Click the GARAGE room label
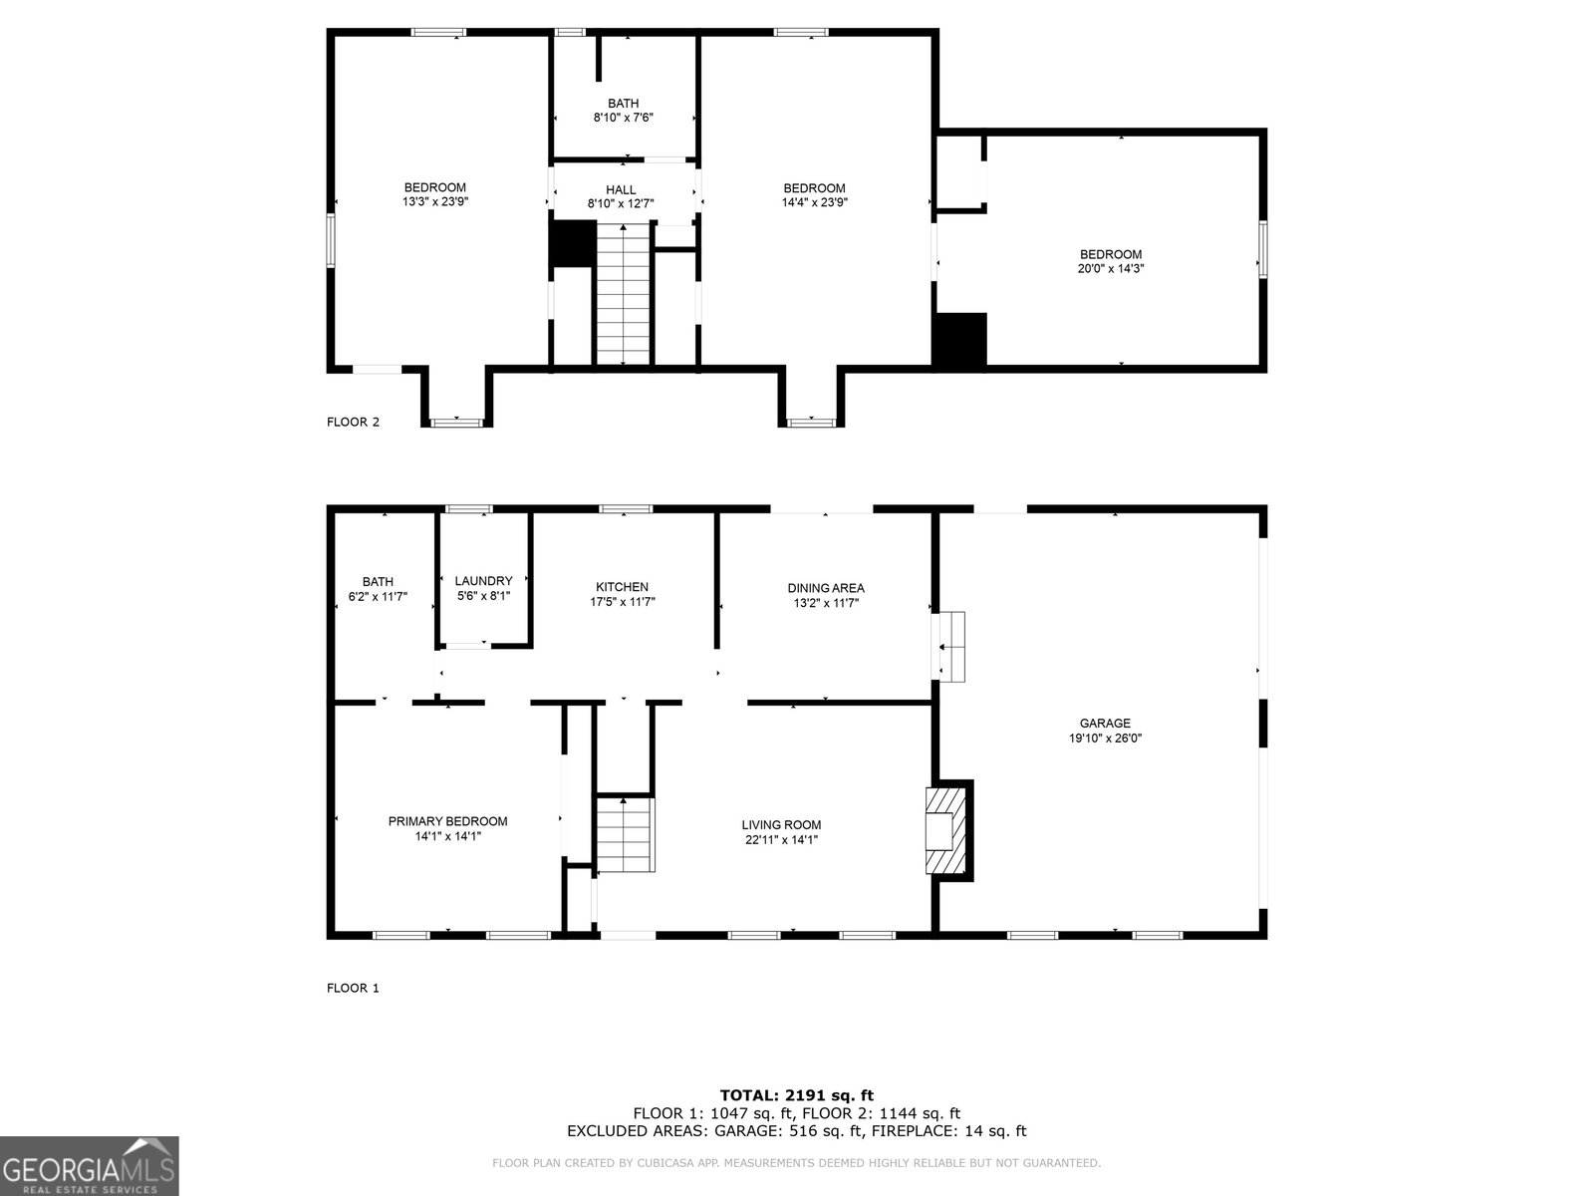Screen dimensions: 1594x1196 (1105, 724)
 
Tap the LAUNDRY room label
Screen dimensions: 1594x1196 (483, 581)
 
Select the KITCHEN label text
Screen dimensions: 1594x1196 (623, 587)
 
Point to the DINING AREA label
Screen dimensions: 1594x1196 (826, 588)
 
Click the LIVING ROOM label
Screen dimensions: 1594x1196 (781, 825)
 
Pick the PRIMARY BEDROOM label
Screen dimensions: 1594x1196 (447, 821)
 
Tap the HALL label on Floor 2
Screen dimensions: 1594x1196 (621, 190)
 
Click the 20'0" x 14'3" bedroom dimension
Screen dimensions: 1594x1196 (1111, 269)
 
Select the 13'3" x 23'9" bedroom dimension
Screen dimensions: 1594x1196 (435, 202)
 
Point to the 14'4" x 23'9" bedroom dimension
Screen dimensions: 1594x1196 (814, 202)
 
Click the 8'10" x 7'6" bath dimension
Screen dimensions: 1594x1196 (623, 118)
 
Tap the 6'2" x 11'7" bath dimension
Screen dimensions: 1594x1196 (378, 597)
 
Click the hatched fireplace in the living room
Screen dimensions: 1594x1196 (946, 831)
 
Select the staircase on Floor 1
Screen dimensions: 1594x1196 (626, 834)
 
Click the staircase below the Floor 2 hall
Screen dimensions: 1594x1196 (623, 294)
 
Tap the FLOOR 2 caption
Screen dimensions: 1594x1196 (353, 422)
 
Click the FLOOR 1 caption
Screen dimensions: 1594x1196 (353, 988)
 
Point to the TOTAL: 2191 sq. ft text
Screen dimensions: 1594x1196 (797, 1095)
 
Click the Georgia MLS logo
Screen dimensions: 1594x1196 (90, 1165)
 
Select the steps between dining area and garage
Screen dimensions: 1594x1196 (952, 647)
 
